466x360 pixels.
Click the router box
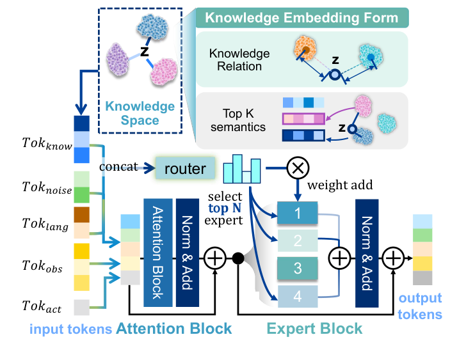click(x=185, y=169)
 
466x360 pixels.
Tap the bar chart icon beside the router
click(x=243, y=169)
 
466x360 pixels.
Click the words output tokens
click(x=422, y=306)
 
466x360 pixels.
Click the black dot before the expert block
click(x=237, y=258)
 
